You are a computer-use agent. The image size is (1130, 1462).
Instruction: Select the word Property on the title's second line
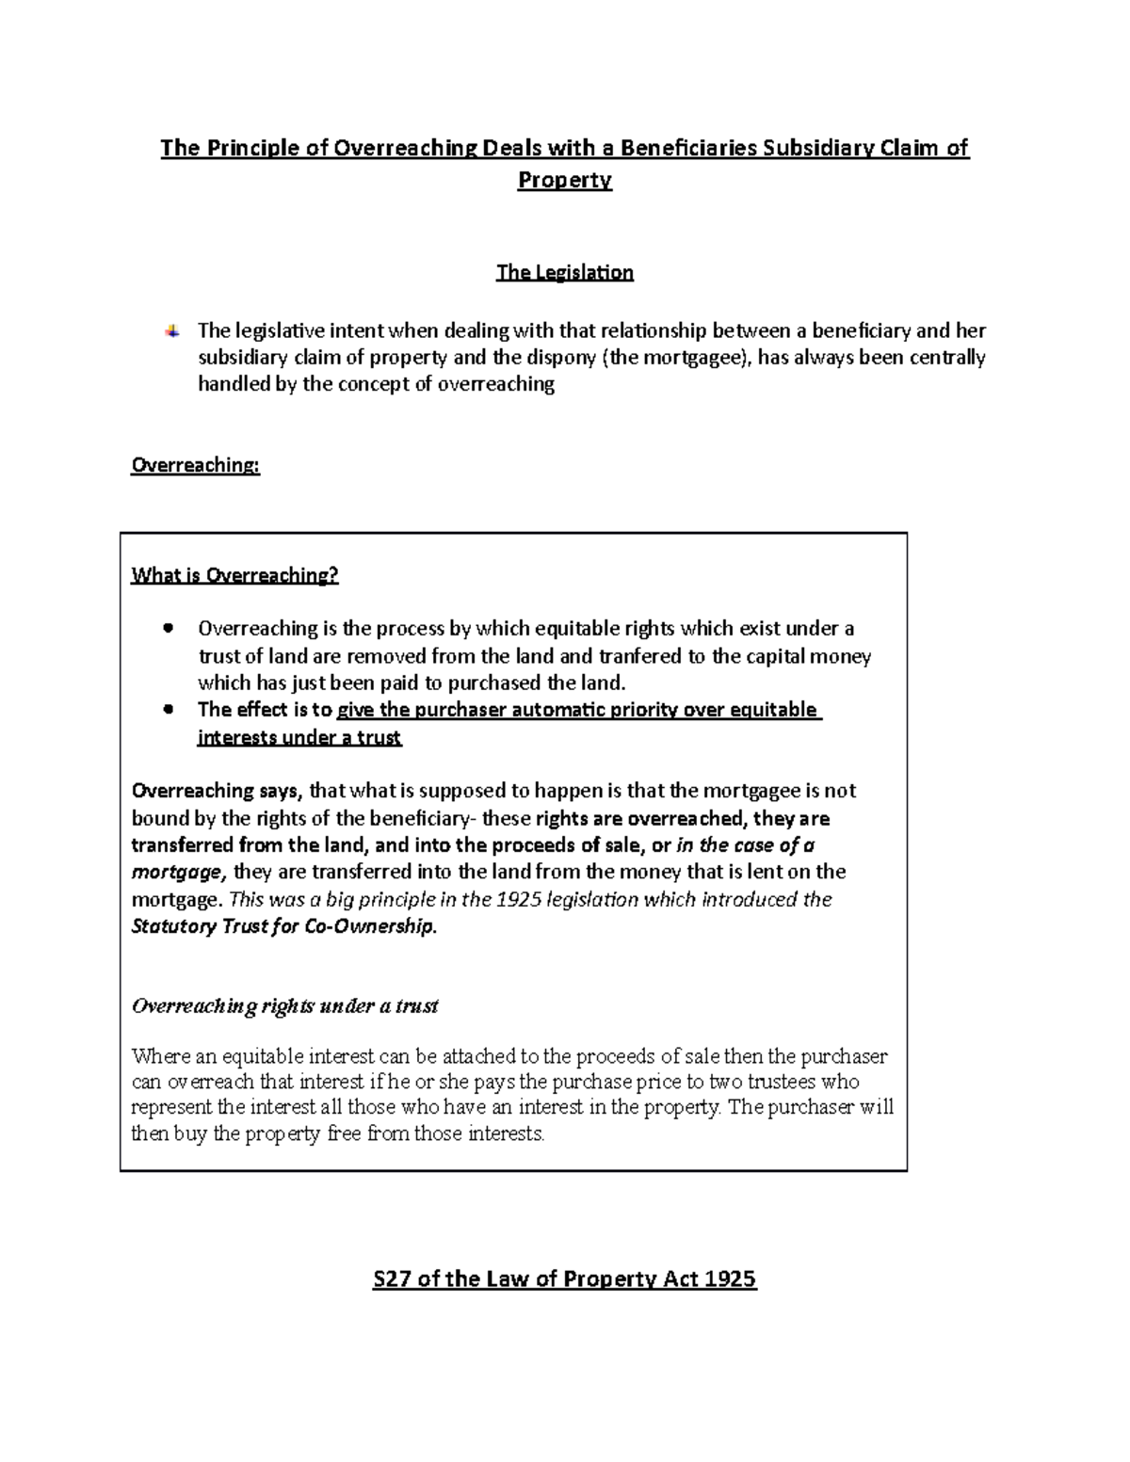point(564,180)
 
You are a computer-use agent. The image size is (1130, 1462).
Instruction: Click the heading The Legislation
point(564,273)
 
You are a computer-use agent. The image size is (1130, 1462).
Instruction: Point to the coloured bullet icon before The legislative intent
point(171,330)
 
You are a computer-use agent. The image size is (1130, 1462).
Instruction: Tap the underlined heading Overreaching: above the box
point(195,465)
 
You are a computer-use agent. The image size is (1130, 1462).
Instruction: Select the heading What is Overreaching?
point(234,575)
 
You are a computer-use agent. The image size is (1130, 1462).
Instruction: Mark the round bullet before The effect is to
point(169,710)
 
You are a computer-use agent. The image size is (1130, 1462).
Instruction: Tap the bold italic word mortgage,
point(179,872)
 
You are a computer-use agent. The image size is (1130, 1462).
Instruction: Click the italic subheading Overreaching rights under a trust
point(284,1006)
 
